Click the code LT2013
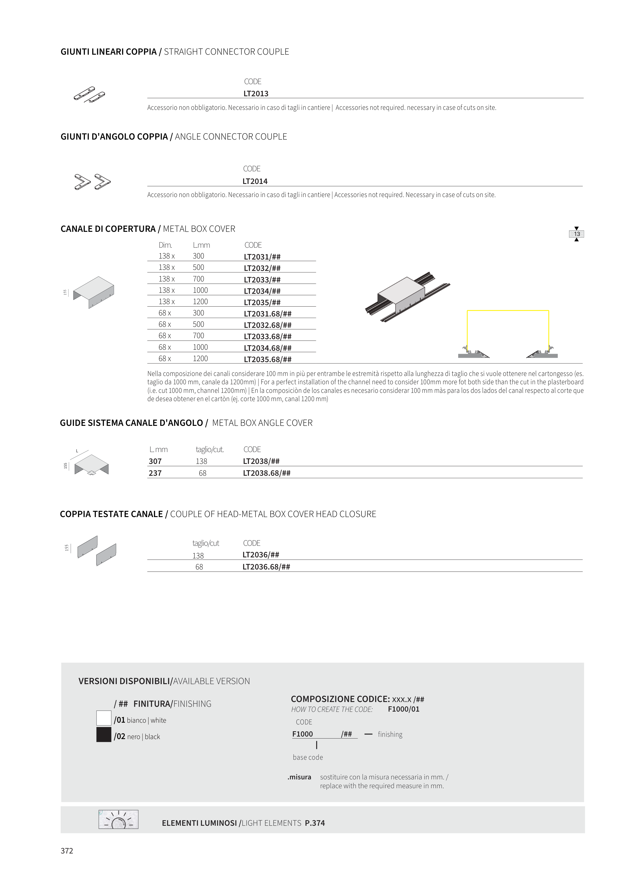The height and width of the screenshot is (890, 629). click(256, 94)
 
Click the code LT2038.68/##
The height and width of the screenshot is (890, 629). click(267, 473)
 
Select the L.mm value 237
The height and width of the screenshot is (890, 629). click(155, 473)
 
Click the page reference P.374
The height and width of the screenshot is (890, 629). click(315, 823)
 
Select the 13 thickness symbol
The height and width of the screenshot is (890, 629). click(576, 234)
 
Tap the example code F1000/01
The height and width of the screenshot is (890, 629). click(404, 709)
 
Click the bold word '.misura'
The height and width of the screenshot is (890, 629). click(299, 777)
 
